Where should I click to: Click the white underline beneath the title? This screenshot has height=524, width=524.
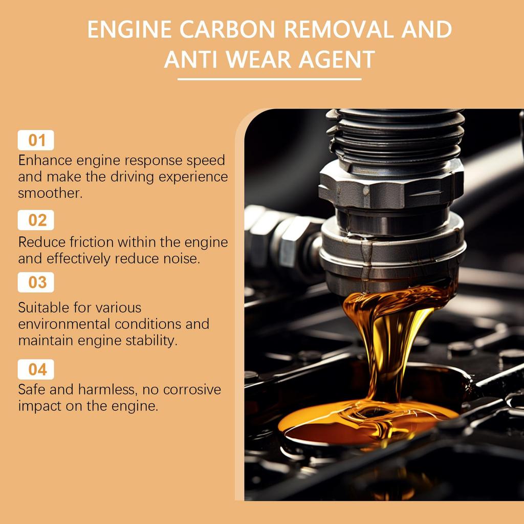[269, 79]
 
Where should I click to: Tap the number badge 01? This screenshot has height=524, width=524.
[36, 140]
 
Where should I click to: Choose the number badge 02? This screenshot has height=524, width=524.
[36, 220]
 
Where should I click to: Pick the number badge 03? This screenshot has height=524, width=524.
[36, 282]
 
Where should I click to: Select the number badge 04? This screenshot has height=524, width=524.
[36, 369]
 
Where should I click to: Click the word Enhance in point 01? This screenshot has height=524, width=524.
[45, 161]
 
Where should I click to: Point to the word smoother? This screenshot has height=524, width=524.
[50, 193]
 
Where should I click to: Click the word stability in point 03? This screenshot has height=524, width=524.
[151, 340]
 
